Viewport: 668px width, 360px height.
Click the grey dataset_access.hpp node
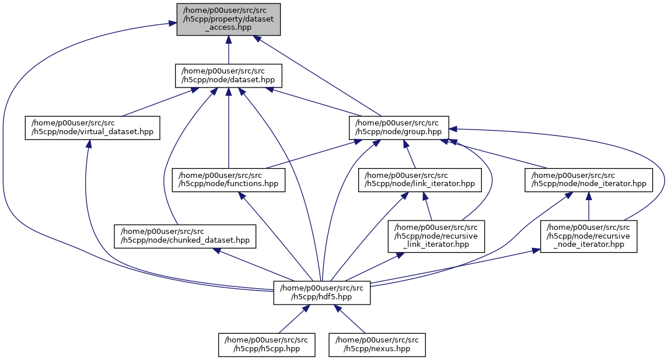point(229,19)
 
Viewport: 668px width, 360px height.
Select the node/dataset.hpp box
point(229,76)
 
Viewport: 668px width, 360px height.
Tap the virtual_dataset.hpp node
point(92,127)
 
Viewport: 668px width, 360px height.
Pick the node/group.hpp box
point(398,127)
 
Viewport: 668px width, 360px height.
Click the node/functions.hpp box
point(229,180)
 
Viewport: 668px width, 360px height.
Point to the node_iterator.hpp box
point(587,180)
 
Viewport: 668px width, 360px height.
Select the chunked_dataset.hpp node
point(185,236)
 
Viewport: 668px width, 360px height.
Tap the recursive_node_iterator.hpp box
point(588,236)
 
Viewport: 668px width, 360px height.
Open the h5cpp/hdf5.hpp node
point(321,292)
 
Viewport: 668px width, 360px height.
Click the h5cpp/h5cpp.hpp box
point(267,344)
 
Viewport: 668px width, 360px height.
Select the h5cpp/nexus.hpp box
point(377,344)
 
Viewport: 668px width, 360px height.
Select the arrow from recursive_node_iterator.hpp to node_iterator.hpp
point(587,207)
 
